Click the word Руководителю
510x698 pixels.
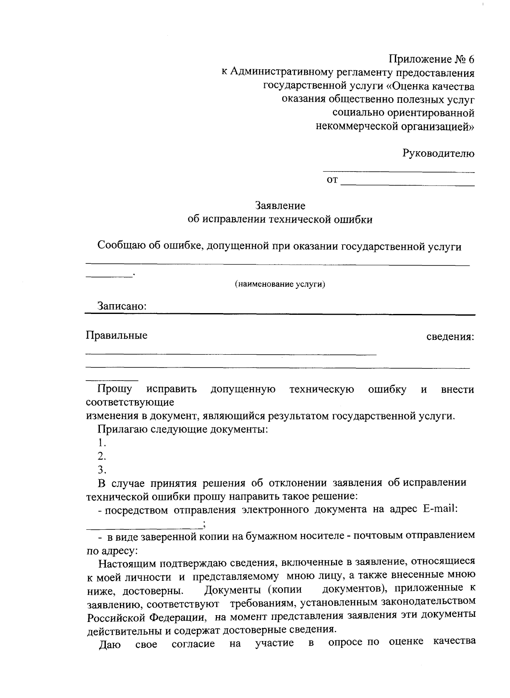[438, 154]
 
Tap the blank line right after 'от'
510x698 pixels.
[408, 184]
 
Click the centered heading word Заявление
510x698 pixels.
[280, 206]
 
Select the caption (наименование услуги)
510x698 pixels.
[280, 284]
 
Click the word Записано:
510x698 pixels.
[122, 306]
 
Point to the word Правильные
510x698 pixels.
[116, 336]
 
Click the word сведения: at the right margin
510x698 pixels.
[450, 337]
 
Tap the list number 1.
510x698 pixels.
[101, 443]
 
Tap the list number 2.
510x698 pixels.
[101, 457]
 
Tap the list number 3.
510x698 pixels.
[101, 470]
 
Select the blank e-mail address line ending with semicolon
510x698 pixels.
[144, 527]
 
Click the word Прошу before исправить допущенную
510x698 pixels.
[114, 389]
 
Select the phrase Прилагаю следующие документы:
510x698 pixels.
[183, 430]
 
